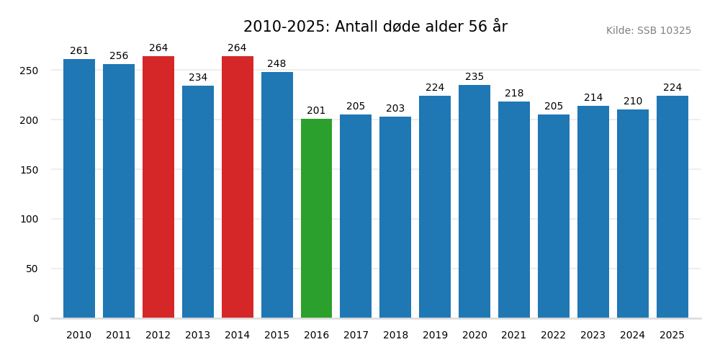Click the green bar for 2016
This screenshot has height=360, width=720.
316,218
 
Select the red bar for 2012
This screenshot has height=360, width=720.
158,187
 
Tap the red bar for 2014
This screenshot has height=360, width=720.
237,187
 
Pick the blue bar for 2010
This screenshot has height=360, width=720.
79,189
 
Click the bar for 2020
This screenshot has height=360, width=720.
474,202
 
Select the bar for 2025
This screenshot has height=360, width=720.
672,207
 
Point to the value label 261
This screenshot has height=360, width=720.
79,51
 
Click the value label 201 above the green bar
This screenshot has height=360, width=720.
316,111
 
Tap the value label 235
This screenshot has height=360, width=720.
474,77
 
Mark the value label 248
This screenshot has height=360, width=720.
276,64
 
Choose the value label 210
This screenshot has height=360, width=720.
632,102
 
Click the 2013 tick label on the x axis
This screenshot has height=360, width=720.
197,336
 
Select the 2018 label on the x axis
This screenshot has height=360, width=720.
395,336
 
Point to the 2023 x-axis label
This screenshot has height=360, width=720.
593,336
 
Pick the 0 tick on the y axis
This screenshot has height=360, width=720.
36,318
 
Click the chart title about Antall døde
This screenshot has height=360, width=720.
375,27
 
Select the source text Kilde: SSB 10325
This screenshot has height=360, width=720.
648,31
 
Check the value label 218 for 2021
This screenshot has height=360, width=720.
514,94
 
